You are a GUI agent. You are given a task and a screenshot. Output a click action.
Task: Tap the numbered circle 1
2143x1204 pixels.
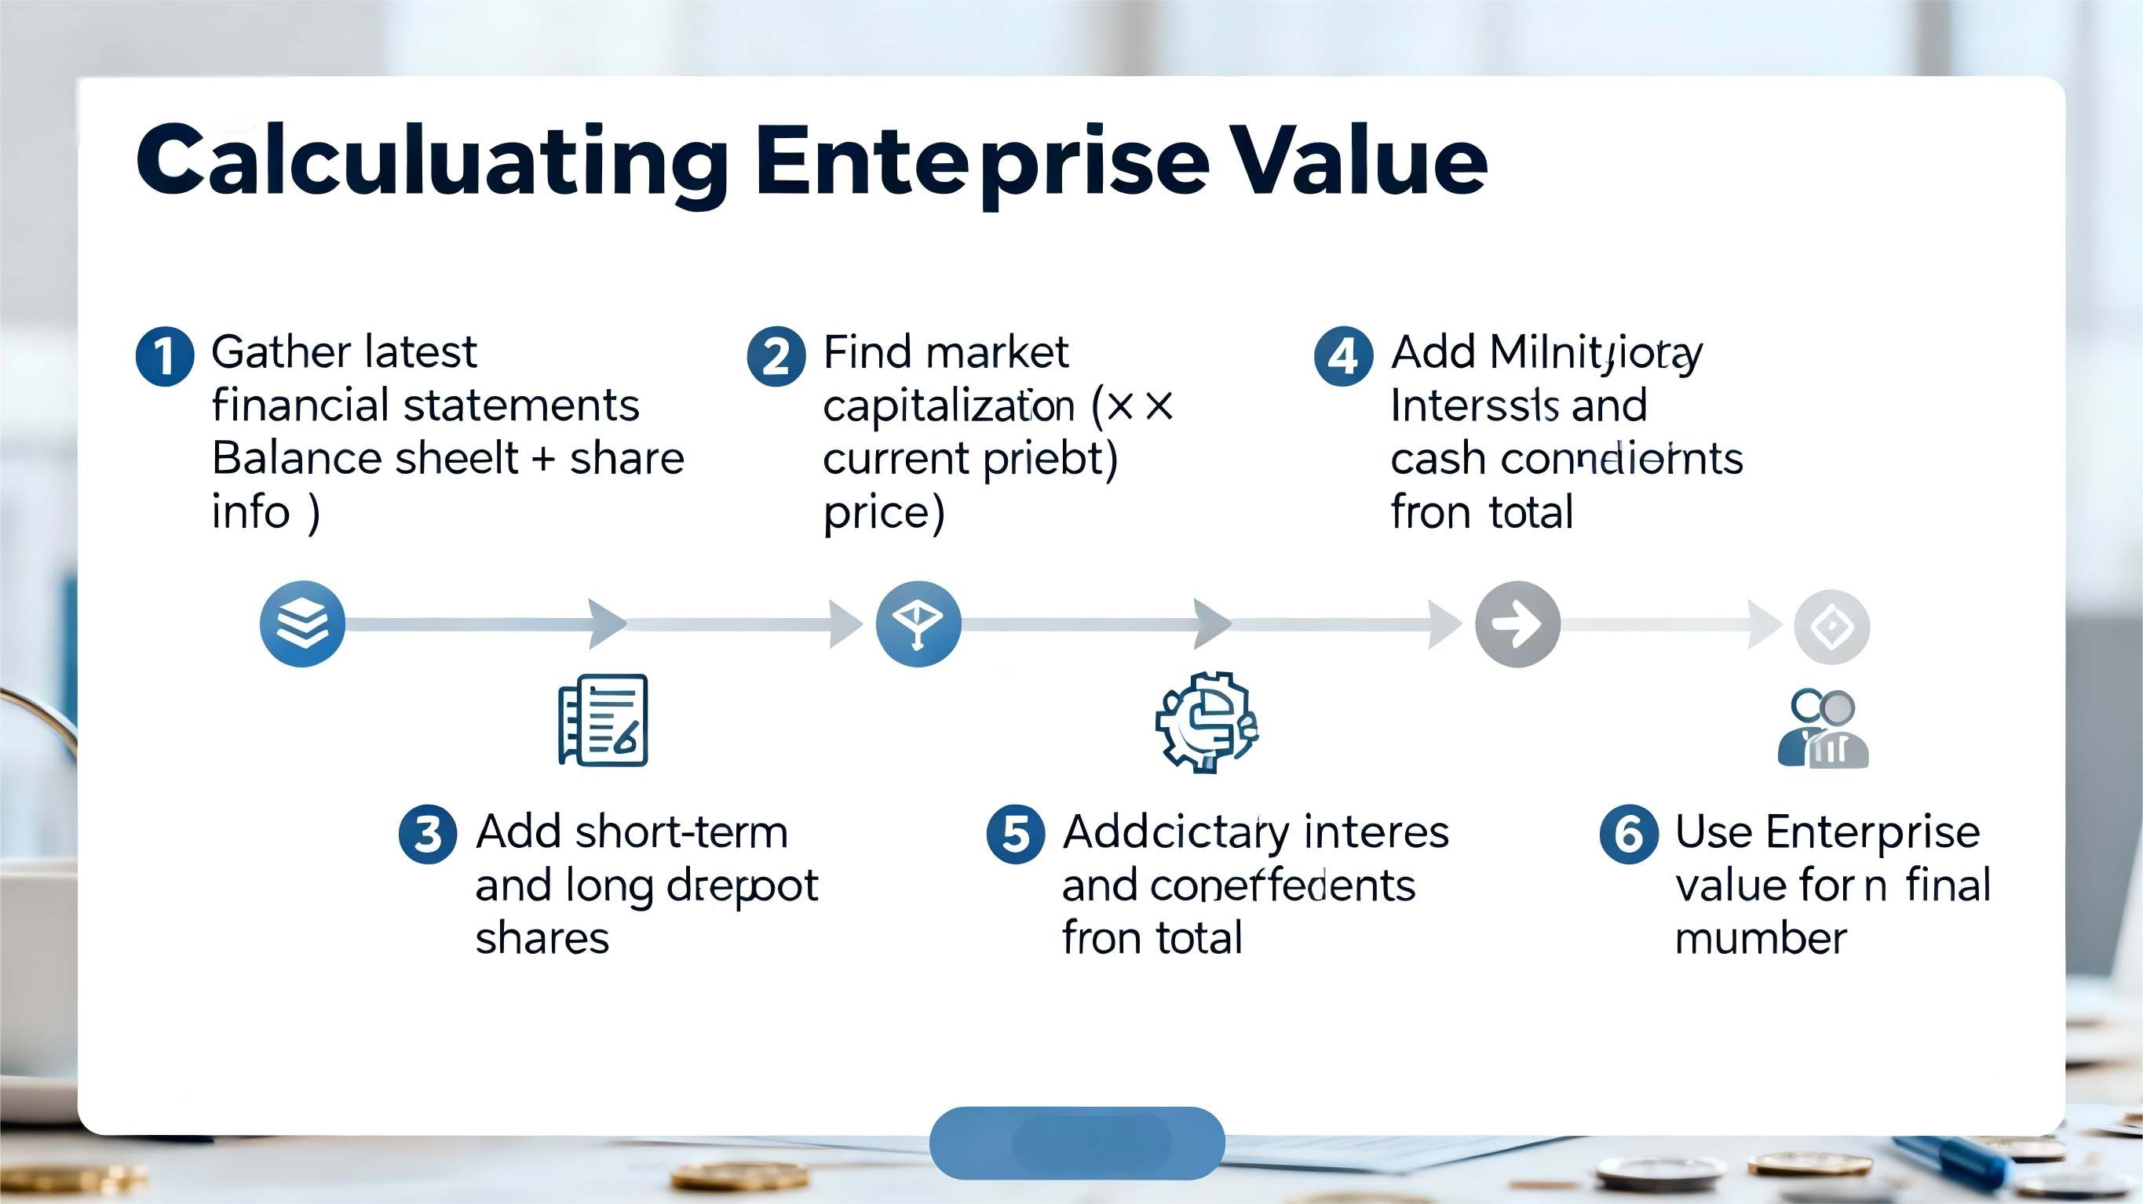coord(165,356)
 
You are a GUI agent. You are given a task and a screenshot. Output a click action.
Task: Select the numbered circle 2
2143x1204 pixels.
coord(776,356)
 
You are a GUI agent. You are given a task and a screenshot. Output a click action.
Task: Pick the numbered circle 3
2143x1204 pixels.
coord(428,834)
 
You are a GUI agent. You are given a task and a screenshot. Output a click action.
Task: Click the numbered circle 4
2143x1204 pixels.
coord(1342,356)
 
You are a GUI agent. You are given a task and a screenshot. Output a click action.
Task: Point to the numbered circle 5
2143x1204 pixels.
coord(1015,834)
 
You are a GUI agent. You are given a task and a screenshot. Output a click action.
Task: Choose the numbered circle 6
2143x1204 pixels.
coord(1628,834)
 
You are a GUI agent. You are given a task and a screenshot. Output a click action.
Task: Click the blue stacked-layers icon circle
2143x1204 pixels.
coord(302,624)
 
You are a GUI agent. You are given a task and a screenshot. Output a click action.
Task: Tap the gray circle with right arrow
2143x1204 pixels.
coord(1517,624)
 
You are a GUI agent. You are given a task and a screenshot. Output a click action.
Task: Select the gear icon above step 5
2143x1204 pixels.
coord(1206,722)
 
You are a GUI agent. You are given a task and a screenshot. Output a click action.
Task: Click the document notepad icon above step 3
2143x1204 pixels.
coord(603,720)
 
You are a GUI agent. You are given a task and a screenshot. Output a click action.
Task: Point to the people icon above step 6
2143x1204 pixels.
coord(1824,729)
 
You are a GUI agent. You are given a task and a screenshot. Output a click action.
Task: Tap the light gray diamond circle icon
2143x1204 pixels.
coord(1831,626)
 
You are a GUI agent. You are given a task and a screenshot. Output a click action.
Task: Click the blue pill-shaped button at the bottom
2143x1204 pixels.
coord(1076,1143)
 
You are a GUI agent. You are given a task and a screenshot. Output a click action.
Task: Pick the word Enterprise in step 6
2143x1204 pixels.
coord(1873,832)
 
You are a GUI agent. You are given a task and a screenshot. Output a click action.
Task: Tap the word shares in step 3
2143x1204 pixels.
coord(542,939)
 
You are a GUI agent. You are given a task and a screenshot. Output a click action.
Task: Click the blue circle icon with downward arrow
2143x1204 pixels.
coord(918,624)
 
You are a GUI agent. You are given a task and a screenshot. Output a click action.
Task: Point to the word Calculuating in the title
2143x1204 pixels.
coord(432,162)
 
